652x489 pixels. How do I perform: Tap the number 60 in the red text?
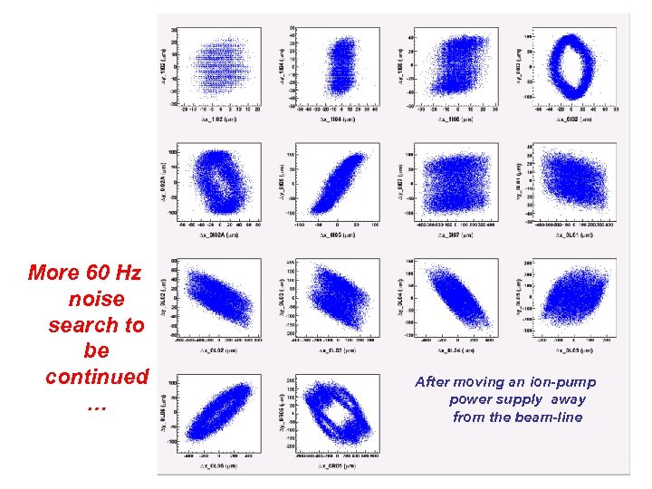(97, 272)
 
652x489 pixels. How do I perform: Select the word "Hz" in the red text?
(128, 272)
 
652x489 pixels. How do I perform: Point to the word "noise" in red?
(96, 298)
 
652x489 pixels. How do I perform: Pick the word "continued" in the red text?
(96, 376)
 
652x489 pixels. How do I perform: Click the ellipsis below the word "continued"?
(96, 405)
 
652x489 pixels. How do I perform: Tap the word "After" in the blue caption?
(432, 382)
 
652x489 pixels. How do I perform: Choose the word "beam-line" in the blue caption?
(551, 417)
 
